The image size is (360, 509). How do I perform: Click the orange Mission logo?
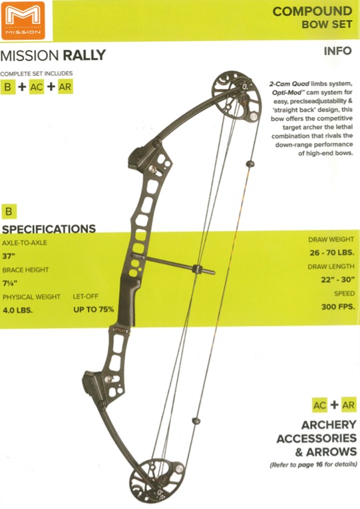click(x=23, y=20)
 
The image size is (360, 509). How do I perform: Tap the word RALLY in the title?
click(x=84, y=55)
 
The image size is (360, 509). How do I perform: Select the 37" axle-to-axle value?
click(x=9, y=256)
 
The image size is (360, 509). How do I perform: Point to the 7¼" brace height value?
click(x=10, y=283)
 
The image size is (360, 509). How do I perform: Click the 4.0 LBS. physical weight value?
click(x=18, y=310)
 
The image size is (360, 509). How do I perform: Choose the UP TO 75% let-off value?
click(x=93, y=309)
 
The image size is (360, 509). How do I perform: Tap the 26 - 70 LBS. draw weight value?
click(x=332, y=253)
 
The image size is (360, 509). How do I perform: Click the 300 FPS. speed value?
click(x=338, y=307)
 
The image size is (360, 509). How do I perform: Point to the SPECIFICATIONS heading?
click(x=49, y=229)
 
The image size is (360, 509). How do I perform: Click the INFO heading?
click(x=337, y=51)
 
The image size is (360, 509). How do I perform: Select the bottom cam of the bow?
click(x=156, y=480)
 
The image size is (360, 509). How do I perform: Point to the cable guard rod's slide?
click(x=198, y=269)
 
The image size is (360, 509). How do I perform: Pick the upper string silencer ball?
click(x=250, y=164)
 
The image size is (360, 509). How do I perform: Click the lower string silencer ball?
click(x=196, y=421)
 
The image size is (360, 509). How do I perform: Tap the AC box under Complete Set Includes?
click(x=37, y=87)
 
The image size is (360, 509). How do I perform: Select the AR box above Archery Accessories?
click(x=349, y=405)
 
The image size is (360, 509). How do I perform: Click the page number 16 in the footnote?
click(x=319, y=464)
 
